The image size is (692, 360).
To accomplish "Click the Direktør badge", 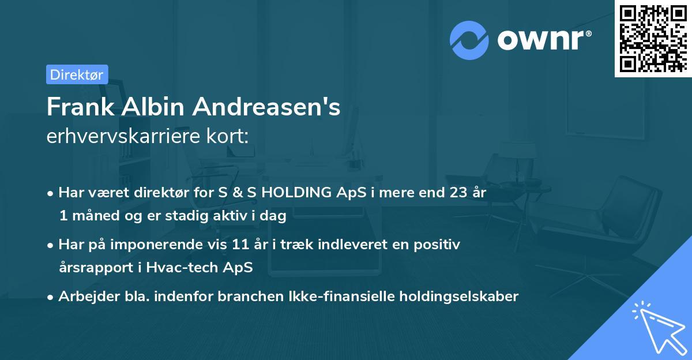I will tap(77, 74).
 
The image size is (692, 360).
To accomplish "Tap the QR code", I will tap(652, 38).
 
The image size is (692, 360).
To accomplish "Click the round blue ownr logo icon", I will tap(469, 40).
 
